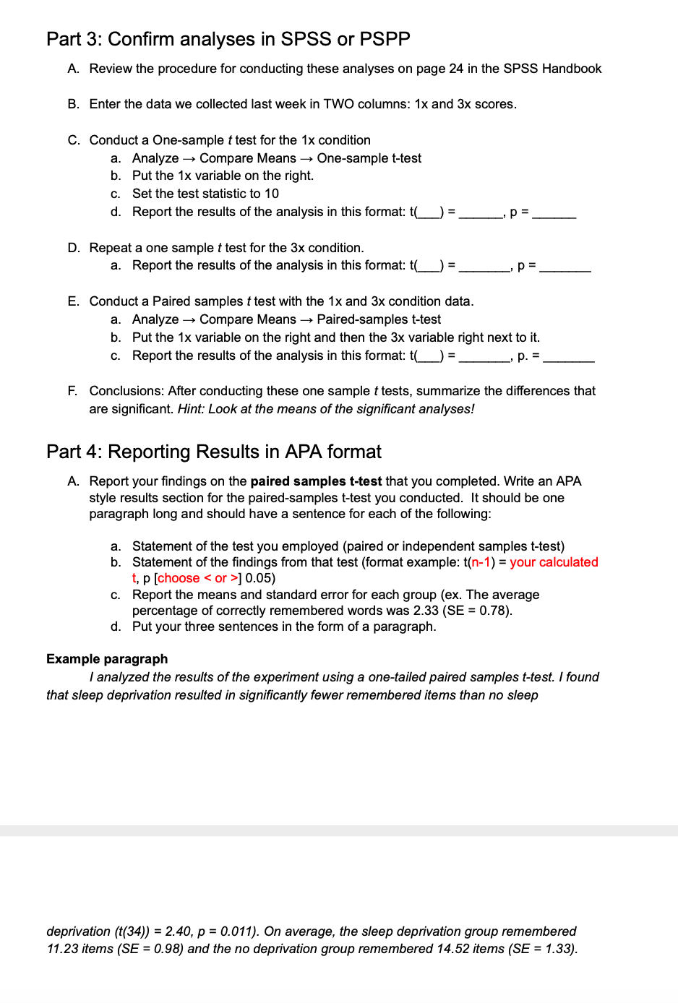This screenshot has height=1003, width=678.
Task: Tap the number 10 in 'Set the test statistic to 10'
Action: tap(271, 194)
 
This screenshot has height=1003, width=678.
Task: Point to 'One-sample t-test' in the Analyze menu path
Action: tap(369, 158)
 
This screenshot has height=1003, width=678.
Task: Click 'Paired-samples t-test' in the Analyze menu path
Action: tap(378, 319)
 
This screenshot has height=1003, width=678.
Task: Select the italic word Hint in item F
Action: tap(190, 409)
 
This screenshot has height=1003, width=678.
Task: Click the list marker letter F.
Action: tap(72, 391)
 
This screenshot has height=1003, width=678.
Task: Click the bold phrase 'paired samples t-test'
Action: tap(316, 481)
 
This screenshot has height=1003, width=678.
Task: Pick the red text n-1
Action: tap(481, 562)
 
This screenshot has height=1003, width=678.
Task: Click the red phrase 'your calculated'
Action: tap(554, 562)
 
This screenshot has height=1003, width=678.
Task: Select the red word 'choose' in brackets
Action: tap(179, 578)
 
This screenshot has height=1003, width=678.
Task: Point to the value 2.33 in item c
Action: tap(426, 611)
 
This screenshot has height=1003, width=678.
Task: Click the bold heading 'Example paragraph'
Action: tap(107, 659)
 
